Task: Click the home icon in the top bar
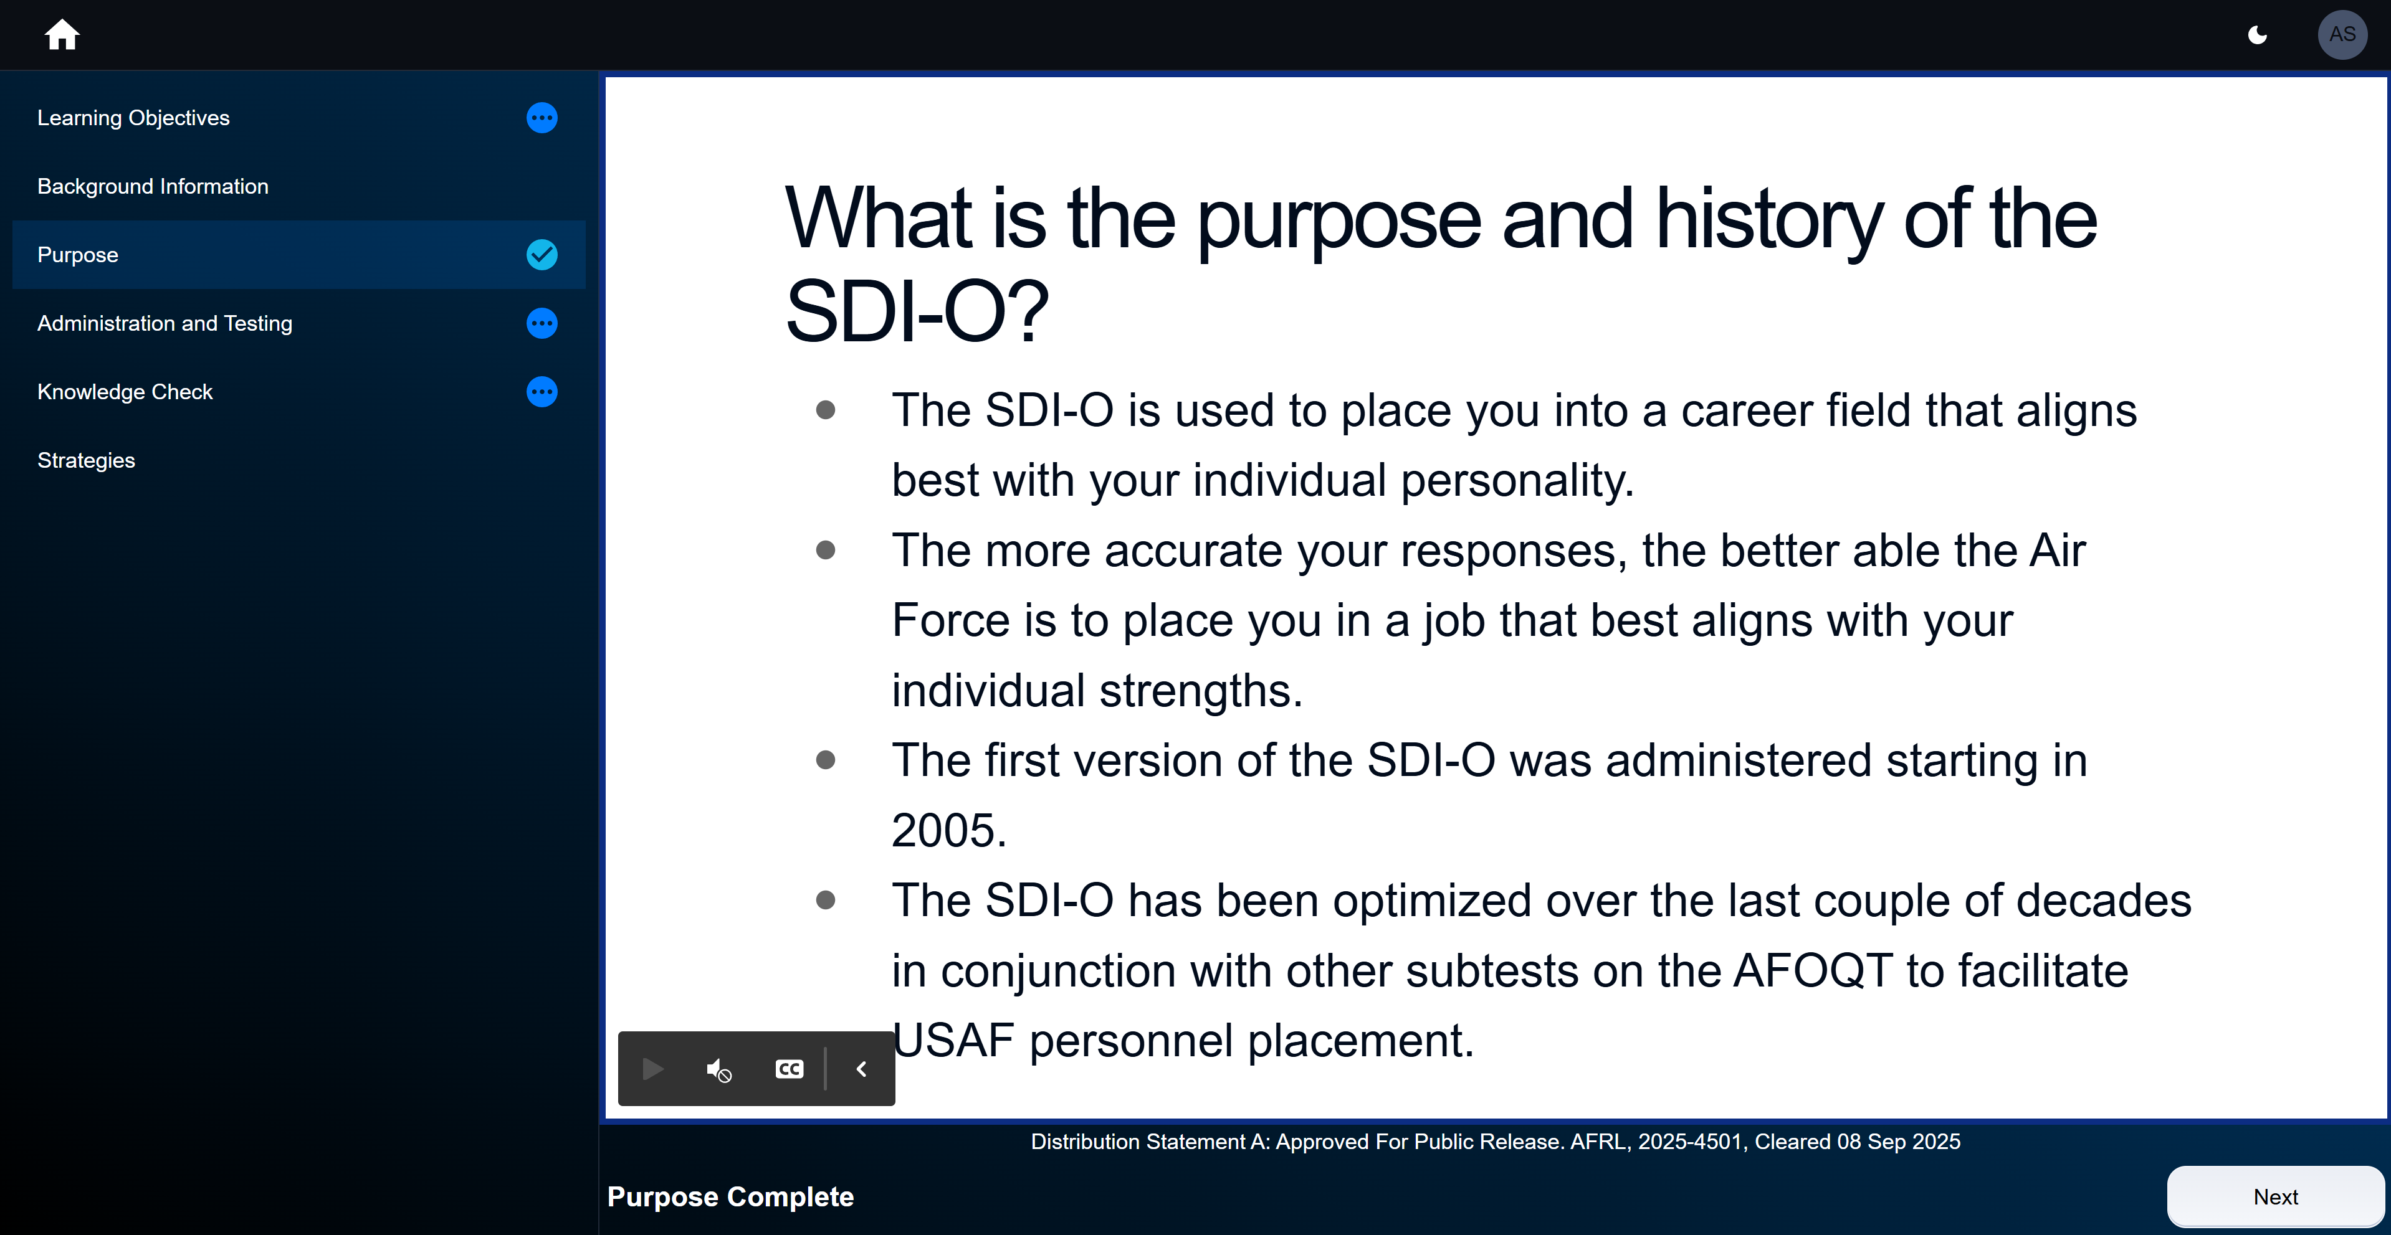click(62, 35)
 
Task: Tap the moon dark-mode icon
click(2258, 35)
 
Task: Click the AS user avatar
click(2341, 35)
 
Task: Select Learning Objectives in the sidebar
click(133, 118)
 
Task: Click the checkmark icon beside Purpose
click(542, 254)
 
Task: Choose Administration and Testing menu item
click(165, 323)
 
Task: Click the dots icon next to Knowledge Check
click(542, 392)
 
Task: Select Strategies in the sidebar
click(87, 460)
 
